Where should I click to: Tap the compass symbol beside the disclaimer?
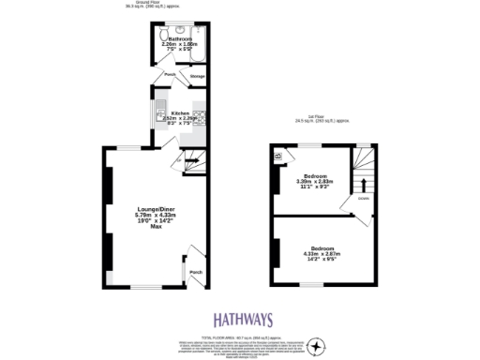[x=318, y=346]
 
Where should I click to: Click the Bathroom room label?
[x=180, y=38]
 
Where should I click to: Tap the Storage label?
[x=197, y=76]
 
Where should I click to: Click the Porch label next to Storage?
[x=170, y=74]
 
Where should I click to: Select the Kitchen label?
[x=176, y=113]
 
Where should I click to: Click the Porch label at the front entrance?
[x=195, y=272]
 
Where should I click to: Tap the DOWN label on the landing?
[x=361, y=199]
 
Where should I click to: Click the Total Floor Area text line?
[x=239, y=336]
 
